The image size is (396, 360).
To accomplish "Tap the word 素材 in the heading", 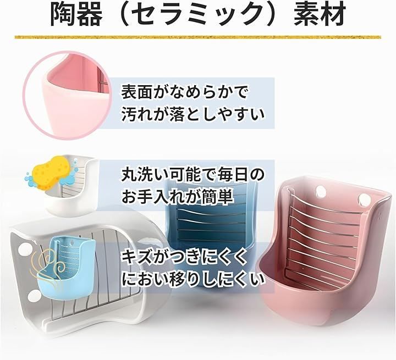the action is tap(320, 14).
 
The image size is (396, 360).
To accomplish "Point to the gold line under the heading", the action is tap(198, 37).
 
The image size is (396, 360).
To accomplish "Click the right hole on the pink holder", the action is tap(364, 198).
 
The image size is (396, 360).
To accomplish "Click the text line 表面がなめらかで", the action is tap(184, 92).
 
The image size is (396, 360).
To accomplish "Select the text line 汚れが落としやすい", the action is tap(193, 115).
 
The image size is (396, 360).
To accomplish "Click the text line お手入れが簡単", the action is tap(177, 197).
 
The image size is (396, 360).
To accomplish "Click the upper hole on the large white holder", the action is tap(25, 248).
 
